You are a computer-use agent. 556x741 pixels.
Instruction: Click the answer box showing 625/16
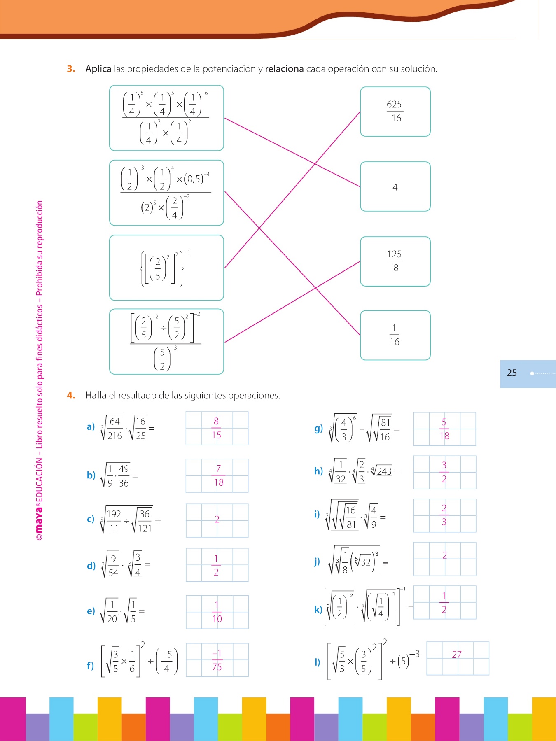coord(395,112)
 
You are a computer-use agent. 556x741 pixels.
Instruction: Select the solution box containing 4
coord(395,187)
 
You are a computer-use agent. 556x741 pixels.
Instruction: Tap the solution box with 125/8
coord(395,261)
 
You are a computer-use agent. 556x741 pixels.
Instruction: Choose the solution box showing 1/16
coord(395,335)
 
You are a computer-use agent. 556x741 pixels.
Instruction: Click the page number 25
coord(512,373)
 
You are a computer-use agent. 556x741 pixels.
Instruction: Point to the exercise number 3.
coord(71,69)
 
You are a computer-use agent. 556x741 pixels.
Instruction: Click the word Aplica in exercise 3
coord(98,69)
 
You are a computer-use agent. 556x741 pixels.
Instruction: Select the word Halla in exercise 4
coord(96,396)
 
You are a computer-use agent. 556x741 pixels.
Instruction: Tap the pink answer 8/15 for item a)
coord(216,428)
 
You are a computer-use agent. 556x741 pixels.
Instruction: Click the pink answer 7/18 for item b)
coord(218,475)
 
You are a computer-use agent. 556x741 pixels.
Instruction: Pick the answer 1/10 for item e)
coord(217,612)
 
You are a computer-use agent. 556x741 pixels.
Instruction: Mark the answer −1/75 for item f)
coord(217,660)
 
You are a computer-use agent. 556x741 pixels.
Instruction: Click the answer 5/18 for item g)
coord(444,429)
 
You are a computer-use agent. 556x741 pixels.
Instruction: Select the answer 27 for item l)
coord(456,655)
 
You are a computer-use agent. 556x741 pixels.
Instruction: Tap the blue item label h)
coord(318,471)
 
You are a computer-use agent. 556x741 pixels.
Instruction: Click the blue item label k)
coord(318,609)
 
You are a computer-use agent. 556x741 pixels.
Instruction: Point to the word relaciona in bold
coord(284,69)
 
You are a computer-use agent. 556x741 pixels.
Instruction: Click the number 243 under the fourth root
coord(384,471)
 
